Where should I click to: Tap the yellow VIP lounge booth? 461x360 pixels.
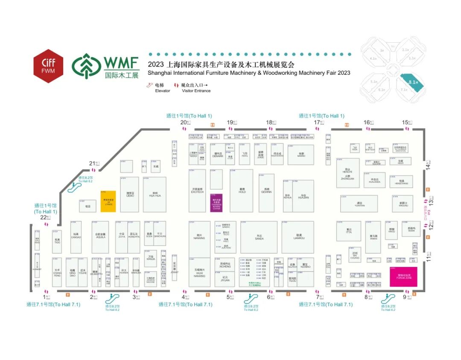pos(108,201)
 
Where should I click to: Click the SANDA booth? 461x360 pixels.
pos(259,237)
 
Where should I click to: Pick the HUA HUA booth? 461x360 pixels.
pos(155,194)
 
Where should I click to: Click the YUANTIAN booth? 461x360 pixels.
pos(359,204)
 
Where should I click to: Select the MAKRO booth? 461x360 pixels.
pos(301,155)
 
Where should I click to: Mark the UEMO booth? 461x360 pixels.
pos(130,194)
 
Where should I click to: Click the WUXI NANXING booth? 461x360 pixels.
pos(199,272)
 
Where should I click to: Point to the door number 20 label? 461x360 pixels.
pos(184,122)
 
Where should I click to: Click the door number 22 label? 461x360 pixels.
pos(43,217)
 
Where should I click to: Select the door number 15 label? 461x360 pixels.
pos(405,122)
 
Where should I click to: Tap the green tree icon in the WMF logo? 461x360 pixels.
pos(86,65)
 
